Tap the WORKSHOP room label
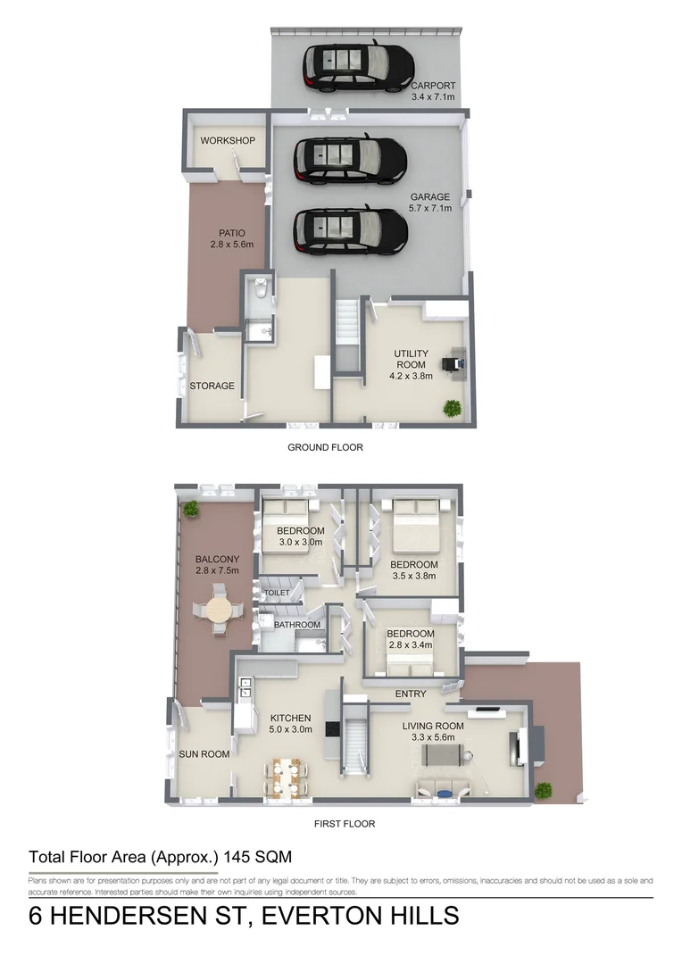(x=228, y=141)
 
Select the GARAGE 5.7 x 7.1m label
(x=430, y=203)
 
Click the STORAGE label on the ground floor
(x=212, y=386)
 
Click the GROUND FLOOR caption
(x=325, y=447)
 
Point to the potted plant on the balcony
(x=190, y=509)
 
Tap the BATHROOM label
(x=296, y=625)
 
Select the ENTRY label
(x=411, y=694)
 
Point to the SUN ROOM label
(x=204, y=754)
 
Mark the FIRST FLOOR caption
(x=345, y=824)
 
